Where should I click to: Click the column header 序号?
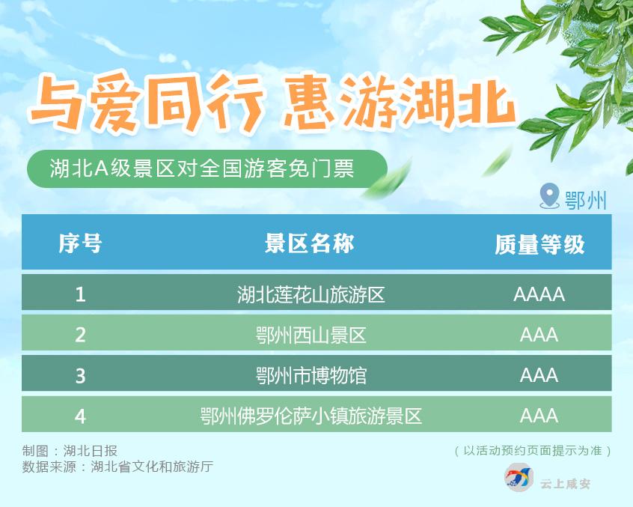(80, 243)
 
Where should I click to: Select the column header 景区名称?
(310, 243)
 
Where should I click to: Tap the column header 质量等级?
(539, 244)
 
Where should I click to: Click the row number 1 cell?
(80, 294)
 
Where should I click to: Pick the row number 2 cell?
(80, 335)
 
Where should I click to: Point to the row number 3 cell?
(80, 376)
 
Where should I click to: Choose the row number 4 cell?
(80, 416)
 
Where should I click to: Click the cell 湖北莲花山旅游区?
(311, 294)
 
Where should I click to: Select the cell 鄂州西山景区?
(311, 335)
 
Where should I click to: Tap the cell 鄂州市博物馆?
(311, 376)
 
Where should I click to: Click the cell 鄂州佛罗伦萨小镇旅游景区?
(311, 416)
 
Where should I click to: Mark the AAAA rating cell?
(539, 294)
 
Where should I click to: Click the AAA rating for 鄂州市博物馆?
(539, 376)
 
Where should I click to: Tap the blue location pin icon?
(549, 196)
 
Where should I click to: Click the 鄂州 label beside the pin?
(586, 199)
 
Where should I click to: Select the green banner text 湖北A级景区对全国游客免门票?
(202, 168)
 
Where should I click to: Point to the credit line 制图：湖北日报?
(70, 450)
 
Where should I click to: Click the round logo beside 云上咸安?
(519, 477)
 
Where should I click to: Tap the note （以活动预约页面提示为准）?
(533, 450)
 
